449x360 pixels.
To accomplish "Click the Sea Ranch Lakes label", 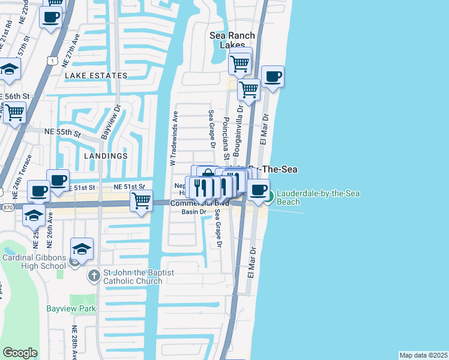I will (x=232, y=40).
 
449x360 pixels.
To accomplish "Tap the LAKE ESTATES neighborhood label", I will (x=96, y=76).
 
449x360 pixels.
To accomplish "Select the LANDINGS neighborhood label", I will (x=106, y=155).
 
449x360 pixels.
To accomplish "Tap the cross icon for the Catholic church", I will (x=93, y=276).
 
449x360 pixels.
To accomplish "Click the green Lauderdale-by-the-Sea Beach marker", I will (x=270, y=195).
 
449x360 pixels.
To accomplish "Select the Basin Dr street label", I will (x=194, y=212).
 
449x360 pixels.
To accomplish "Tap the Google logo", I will (x=20, y=353).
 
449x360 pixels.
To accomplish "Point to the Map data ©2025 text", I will (x=423, y=355).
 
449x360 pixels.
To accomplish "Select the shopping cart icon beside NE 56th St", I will (x=14, y=112).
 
